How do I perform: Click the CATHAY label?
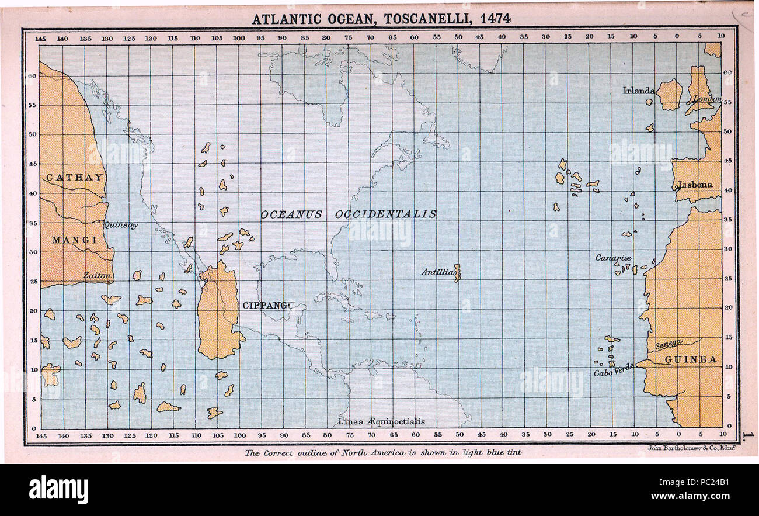[x=74, y=177]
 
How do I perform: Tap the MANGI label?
[x=74, y=240]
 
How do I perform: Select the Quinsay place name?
[x=121, y=225]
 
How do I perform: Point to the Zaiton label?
[x=96, y=275]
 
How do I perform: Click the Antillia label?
[x=437, y=272]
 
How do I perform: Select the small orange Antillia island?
[x=457, y=272]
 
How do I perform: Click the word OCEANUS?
[x=291, y=214]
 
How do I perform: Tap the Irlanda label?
[x=639, y=91]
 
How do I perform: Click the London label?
[x=707, y=99]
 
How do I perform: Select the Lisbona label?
[x=695, y=185]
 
